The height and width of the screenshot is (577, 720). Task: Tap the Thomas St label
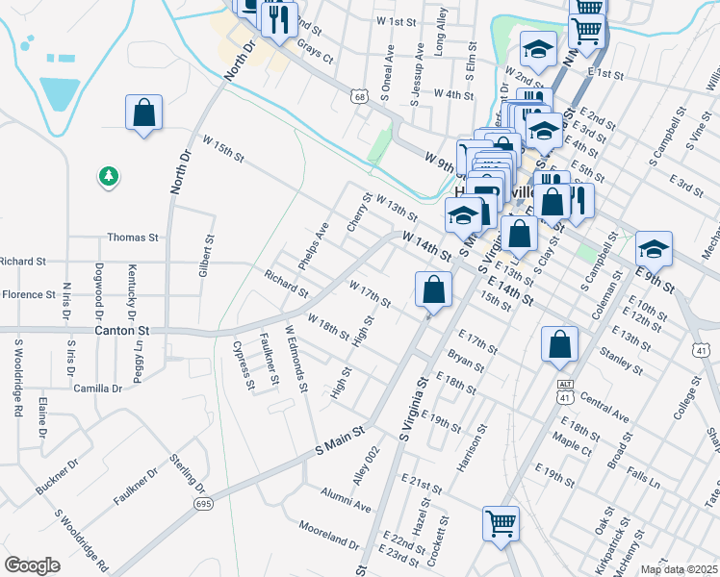point(133,237)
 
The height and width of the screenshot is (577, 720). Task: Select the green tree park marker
point(110,176)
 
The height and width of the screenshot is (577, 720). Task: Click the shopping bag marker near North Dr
point(143,113)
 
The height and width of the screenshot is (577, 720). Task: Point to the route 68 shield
point(359,96)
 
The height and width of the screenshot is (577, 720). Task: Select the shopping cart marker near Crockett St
point(501,524)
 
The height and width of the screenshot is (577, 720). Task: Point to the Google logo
point(32,565)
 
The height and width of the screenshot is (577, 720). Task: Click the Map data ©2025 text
point(680,569)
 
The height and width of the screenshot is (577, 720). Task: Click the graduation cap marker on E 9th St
point(654,249)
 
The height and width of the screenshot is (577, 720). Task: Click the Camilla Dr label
point(103,389)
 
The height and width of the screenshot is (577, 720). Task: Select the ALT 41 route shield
point(565,389)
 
